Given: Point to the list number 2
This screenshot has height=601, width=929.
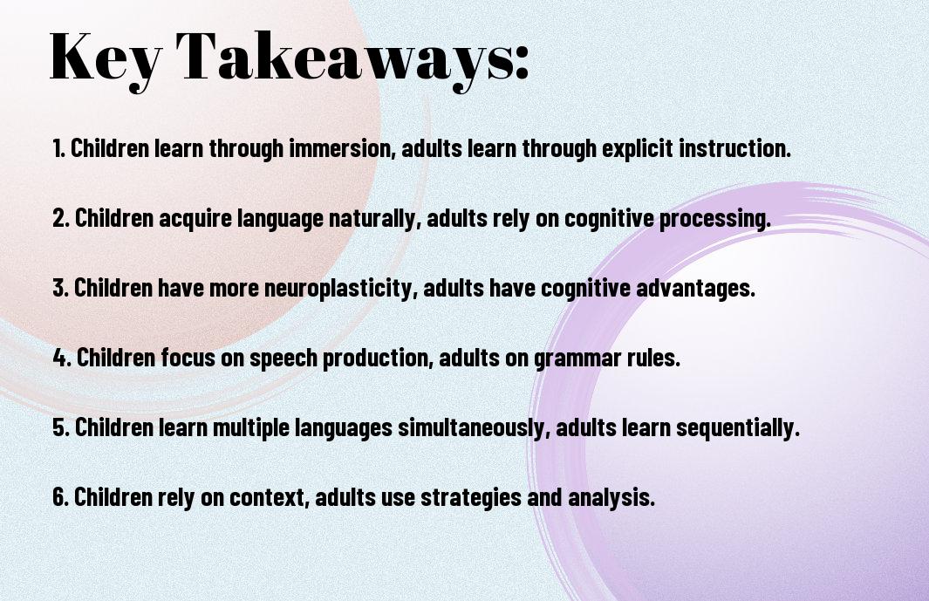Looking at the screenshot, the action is (61, 218).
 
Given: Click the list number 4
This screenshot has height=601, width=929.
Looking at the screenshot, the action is (62, 358).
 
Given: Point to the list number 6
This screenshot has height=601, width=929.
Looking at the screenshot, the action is (61, 496).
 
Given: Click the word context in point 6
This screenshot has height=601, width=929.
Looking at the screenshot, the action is (270, 498).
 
